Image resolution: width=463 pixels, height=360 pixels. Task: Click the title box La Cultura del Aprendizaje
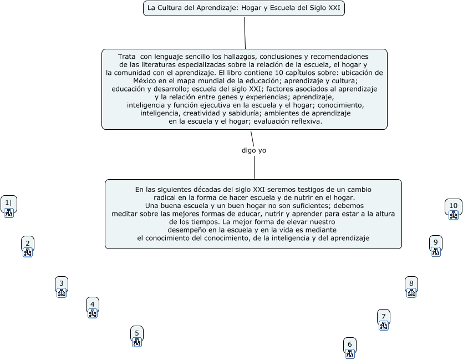pyautogui.click(x=244, y=8)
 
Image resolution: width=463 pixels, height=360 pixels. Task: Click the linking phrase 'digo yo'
pyautogui.click(x=254, y=150)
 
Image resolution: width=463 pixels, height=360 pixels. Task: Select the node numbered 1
pyautogui.click(x=8, y=203)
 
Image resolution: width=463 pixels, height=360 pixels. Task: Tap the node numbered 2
pyautogui.click(x=28, y=242)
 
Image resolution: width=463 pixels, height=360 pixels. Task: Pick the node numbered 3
pyautogui.click(x=62, y=283)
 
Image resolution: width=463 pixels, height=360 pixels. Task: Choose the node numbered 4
pyautogui.click(x=93, y=303)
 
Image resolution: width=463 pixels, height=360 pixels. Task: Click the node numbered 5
pyautogui.click(x=137, y=333)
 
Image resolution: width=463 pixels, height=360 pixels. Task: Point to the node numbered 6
pyautogui.click(x=349, y=344)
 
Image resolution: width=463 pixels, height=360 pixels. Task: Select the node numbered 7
pyautogui.click(x=383, y=316)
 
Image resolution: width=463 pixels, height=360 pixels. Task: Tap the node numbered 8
pyautogui.click(x=411, y=283)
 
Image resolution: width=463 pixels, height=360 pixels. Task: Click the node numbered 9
pyautogui.click(x=436, y=242)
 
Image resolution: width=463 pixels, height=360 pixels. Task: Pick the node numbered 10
pyautogui.click(x=454, y=206)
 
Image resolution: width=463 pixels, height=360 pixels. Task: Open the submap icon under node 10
pyautogui.click(x=454, y=215)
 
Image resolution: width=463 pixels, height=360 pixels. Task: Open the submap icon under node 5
pyautogui.click(x=137, y=342)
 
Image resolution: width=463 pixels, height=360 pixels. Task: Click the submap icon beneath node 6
pyautogui.click(x=349, y=353)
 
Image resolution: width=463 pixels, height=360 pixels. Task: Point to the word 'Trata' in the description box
pyautogui.click(x=127, y=57)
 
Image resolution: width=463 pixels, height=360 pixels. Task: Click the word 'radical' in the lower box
pyautogui.click(x=165, y=197)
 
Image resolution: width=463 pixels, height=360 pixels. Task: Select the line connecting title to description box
pyautogui.click(x=245, y=33)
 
